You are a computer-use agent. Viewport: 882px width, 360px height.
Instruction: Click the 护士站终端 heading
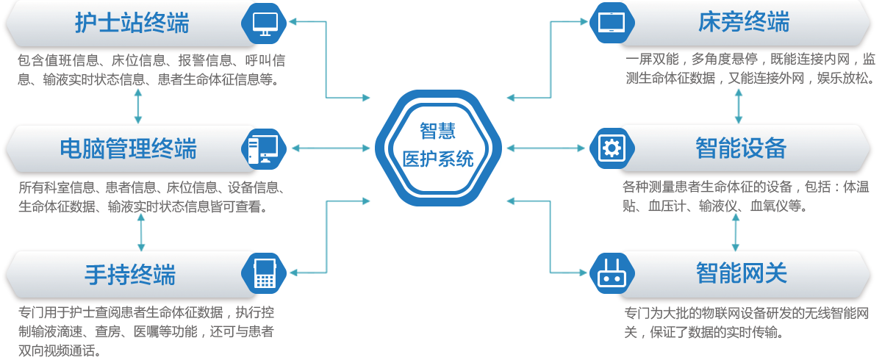click(x=132, y=24)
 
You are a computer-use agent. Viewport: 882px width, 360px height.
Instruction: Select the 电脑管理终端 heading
click(x=129, y=149)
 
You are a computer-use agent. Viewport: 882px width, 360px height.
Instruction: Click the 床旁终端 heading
click(x=744, y=23)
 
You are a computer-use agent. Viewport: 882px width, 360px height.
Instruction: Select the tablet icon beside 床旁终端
click(x=611, y=23)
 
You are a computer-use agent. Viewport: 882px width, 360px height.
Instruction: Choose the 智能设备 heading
click(x=741, y=148)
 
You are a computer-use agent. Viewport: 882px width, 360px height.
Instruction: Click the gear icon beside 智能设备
click(x=611, y=148)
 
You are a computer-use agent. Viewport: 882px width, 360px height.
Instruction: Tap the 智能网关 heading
click(x=742, y=273)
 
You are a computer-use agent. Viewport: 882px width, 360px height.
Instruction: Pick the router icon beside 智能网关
click(x=611, y=274)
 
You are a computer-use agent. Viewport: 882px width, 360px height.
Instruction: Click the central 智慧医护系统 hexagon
click(x=438, y=145)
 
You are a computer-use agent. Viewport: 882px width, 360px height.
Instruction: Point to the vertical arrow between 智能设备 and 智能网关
click(x=736, y=233)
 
